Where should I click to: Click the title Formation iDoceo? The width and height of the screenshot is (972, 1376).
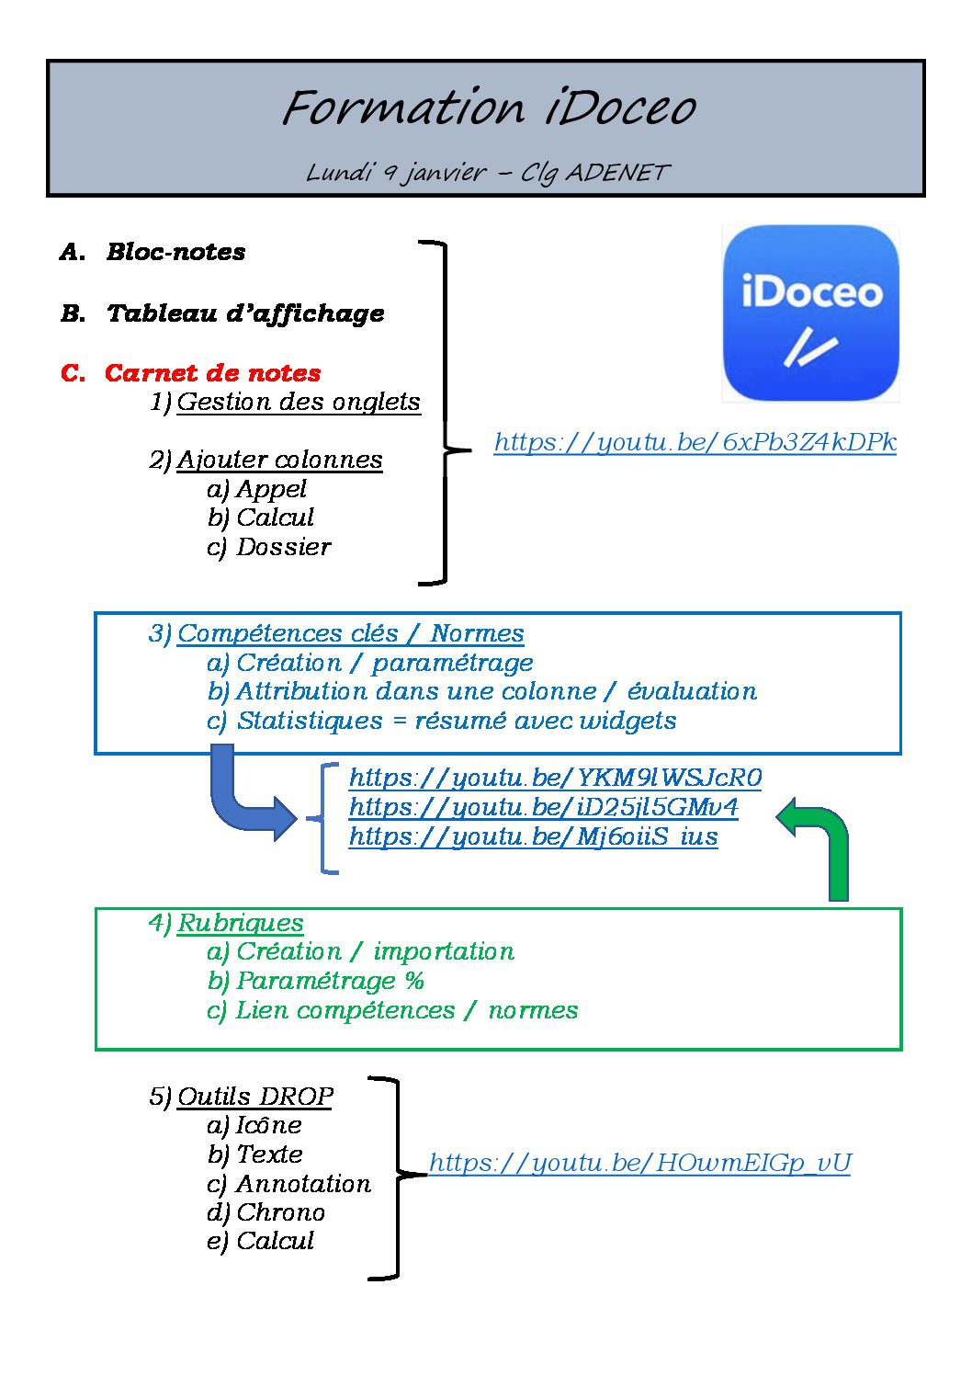click(x=489, y=108)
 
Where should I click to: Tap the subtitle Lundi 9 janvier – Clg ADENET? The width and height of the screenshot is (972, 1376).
click(x=488, y=173)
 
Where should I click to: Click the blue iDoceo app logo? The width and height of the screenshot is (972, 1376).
click(x=810, y=313)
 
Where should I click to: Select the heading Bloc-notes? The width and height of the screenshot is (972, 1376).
click(x=175, y=252)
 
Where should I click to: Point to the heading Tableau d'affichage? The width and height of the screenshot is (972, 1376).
click(x=245, y=313)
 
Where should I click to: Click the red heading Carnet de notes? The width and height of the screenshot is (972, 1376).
click(x=212, y=373)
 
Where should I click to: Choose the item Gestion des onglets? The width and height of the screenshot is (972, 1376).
click(x=299, y=403)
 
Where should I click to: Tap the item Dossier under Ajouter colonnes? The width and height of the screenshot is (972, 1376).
click(x=284, y=547)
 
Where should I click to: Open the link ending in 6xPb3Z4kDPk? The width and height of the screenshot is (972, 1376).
click(x=695, y=442)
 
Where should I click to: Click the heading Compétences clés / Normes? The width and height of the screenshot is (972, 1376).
click(x=351, y=633)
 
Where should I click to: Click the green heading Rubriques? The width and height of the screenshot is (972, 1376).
click(x=241, y=923)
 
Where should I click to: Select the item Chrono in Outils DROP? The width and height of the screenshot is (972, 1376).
click(x=280, y=1212)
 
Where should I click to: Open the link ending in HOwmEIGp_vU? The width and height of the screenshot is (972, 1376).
click(x=639, y=1163)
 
